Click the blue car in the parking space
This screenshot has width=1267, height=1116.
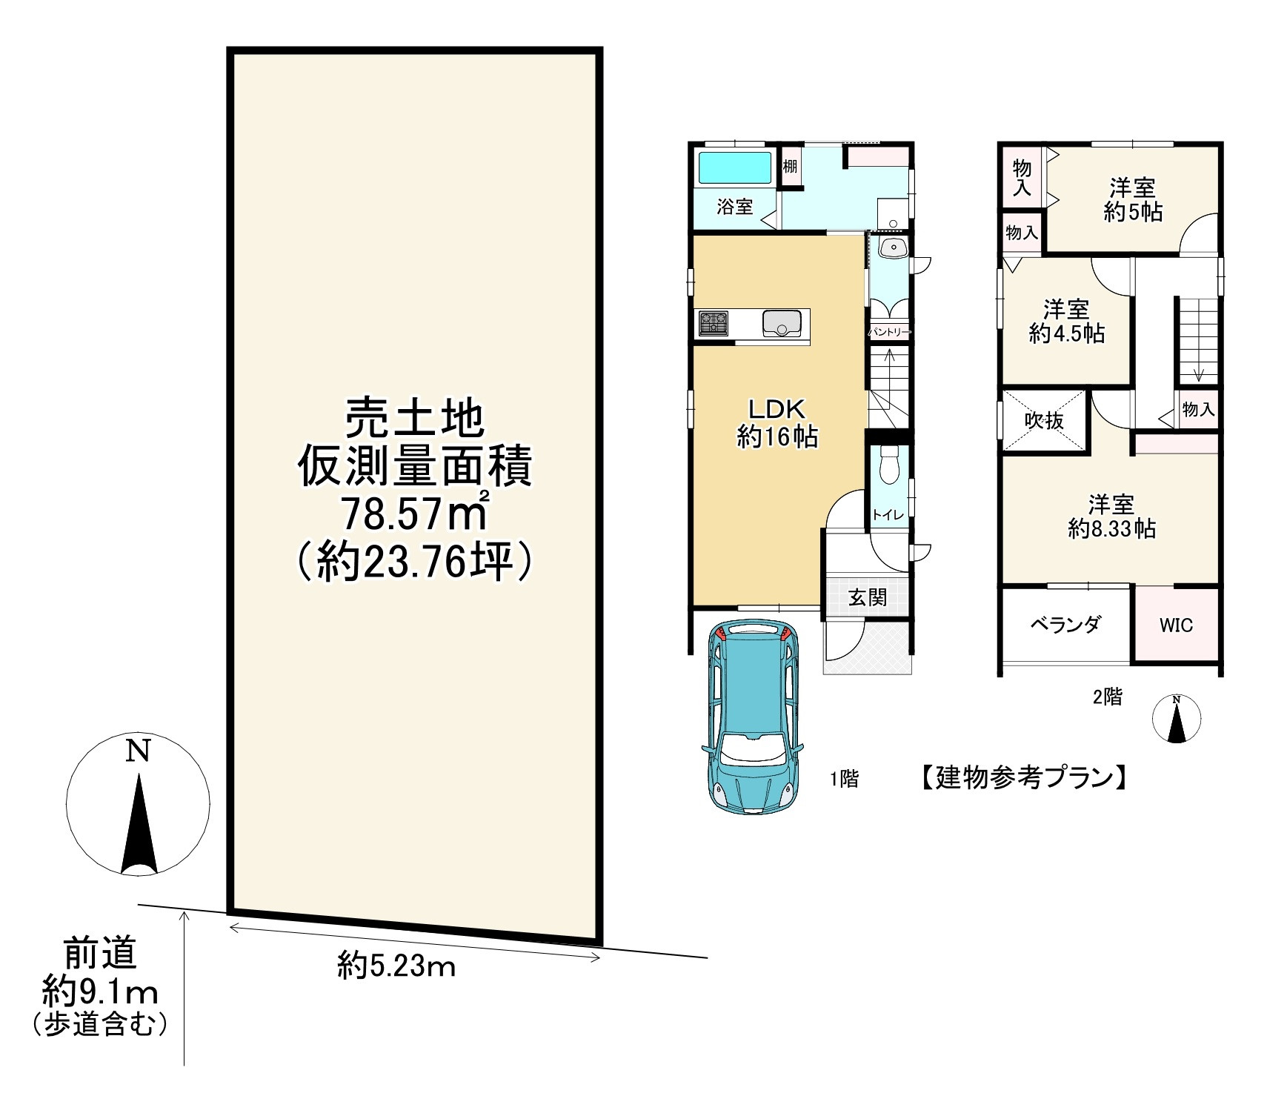[751, 717]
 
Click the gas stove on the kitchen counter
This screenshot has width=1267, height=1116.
[714, 324]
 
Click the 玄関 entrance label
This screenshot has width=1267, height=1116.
[867, 597]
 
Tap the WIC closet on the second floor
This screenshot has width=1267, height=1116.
[1176, 625]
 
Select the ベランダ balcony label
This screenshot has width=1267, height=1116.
[1065, 624]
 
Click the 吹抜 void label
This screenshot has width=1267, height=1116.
[1044, 420]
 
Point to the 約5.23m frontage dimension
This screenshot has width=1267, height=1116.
[396, 965]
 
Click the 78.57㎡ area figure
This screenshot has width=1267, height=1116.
[414, 514]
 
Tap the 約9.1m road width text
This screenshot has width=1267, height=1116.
[100, 991]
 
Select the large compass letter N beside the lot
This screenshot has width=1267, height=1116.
[138, 751]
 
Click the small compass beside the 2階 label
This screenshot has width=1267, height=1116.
[1176, 718]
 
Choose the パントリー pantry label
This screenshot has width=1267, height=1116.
[888, 333]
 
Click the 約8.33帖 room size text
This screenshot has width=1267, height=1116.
[1111, 528]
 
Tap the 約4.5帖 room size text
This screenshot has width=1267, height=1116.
[1066, 333]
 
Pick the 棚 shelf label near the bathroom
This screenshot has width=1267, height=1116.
[791, 166]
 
